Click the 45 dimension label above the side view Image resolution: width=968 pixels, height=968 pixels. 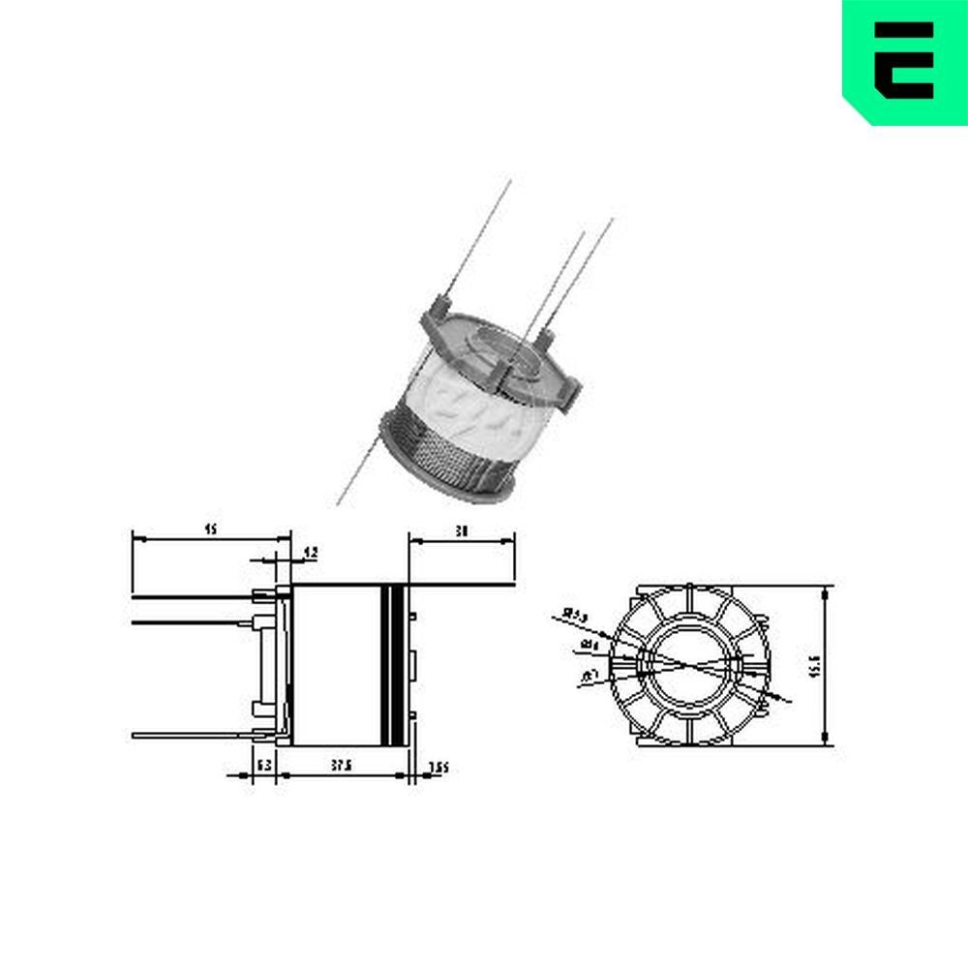209,529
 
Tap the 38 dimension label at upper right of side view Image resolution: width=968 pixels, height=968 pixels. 462,531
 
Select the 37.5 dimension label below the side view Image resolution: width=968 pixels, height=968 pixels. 340,765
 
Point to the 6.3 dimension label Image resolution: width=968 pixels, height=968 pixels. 263,765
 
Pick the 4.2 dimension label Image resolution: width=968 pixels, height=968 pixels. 310,552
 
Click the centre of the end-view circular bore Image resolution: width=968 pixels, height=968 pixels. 688,663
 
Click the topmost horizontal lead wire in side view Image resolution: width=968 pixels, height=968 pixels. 194,597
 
